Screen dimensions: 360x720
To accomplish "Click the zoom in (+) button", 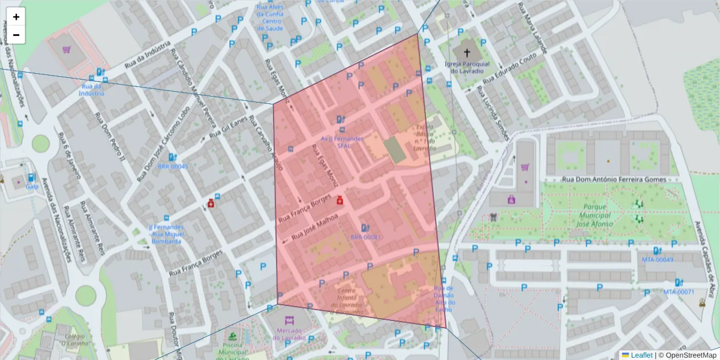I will tap(16, 17).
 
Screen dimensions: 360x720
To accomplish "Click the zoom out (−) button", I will tap(16, 35).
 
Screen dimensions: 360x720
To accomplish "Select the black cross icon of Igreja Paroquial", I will tap(467, 53).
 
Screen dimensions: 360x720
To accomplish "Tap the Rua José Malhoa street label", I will tap(315, 230).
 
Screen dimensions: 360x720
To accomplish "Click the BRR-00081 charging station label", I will tap(366, 237).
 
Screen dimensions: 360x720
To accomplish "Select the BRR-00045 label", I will tap(173, 167).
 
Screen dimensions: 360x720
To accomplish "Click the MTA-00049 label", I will tap(658, 260).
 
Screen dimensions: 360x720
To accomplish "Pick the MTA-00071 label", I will tap(679, 292).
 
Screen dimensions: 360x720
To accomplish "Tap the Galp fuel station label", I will tap(32, 186).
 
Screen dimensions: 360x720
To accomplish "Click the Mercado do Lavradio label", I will tap(289, 334).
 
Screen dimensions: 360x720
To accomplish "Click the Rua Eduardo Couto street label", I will tap(510, 69).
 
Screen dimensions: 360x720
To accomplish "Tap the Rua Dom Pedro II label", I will tap(110, 138).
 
